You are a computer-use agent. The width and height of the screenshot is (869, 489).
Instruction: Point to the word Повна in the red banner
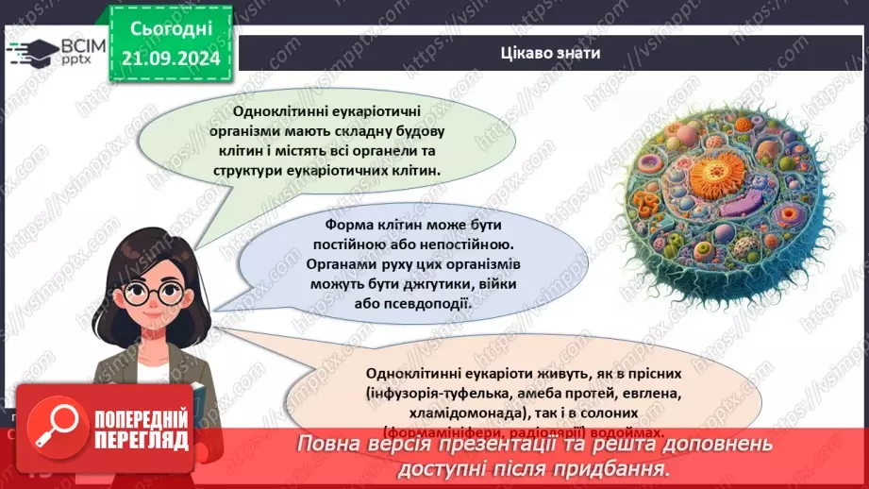328,445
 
